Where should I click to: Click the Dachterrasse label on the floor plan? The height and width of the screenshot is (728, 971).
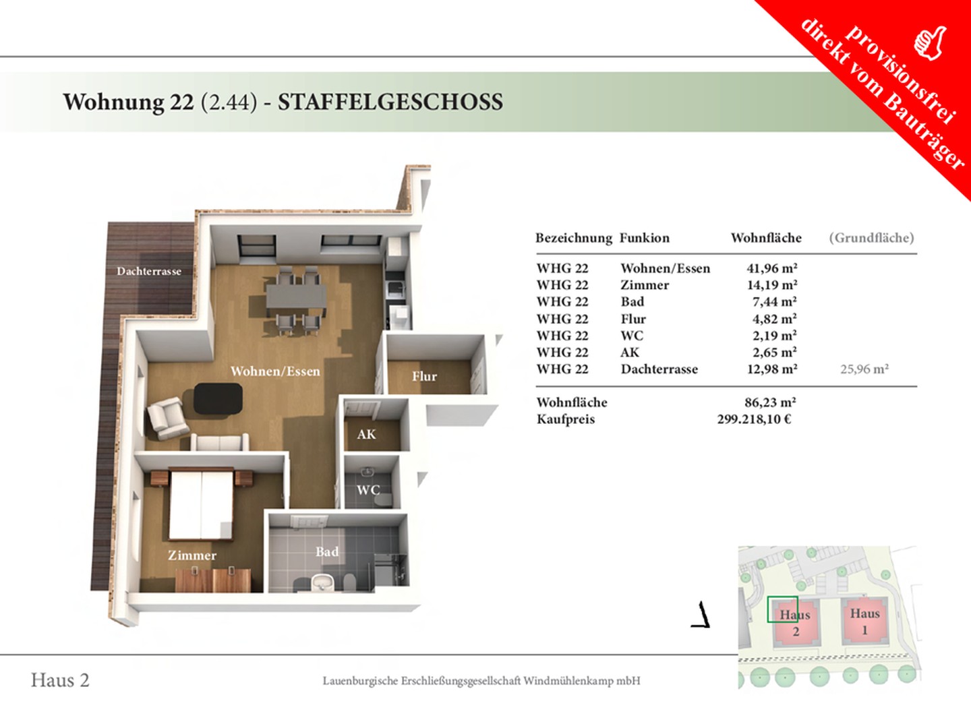tap(149, 271)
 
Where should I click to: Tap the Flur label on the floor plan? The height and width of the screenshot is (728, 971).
tap(424, 376)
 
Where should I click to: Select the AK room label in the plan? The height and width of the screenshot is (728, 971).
tap(366, 435)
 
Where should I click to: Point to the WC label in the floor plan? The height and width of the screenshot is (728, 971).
tap(368, 490)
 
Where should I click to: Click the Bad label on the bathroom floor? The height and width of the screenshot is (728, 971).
tap(327, 551)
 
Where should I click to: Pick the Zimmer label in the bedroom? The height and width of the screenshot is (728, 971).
tap(192, 555)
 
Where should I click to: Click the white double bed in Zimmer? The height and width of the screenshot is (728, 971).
tap(201, 505)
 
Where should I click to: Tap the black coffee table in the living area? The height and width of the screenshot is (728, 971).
tap(218, 398)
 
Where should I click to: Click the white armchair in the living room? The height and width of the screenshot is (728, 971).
tap(167, 418)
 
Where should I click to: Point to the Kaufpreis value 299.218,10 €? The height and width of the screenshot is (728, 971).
tap(754, 419)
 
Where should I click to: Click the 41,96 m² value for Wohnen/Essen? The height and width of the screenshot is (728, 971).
tap(772, 268)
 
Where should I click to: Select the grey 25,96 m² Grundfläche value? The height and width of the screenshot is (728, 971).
tap(864, 369)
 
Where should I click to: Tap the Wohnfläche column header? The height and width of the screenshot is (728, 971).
tap(766, 238)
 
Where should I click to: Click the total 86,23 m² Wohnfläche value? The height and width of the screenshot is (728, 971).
tap(770, 402)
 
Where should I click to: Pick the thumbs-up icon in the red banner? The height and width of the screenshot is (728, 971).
tap(930, 43)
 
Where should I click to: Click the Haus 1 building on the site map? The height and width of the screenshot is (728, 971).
tap(864, 621)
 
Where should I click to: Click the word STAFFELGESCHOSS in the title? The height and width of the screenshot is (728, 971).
tap(390, 102)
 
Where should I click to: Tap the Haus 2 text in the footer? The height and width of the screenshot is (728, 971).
tap(60, 680)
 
